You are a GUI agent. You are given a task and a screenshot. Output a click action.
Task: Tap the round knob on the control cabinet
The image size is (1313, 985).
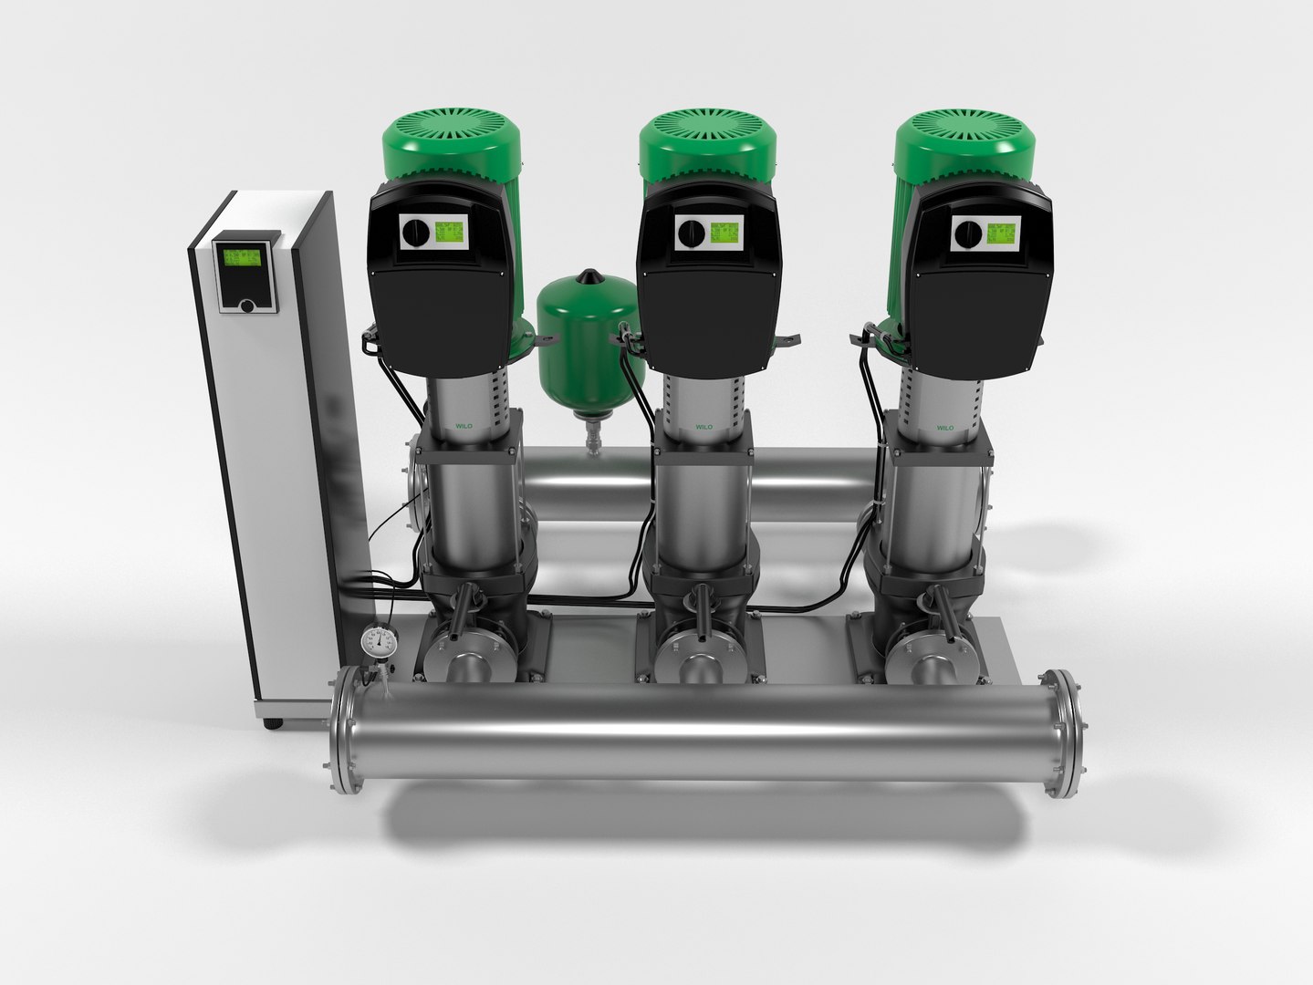(x=246, y=306)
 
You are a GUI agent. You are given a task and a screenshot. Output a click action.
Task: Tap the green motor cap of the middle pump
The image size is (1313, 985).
(x=708, y=146)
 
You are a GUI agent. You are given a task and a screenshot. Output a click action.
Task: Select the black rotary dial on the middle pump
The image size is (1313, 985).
(x=691, y=232)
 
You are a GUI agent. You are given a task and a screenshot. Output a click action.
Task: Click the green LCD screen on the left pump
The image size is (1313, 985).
(x=448, y=233)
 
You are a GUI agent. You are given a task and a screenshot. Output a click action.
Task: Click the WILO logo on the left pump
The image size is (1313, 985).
(x=466, y=424)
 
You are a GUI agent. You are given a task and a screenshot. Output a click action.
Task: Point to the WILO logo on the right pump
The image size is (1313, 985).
(x=943, y=426)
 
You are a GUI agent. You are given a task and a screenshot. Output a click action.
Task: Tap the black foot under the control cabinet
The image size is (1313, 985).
(x=273, y=724)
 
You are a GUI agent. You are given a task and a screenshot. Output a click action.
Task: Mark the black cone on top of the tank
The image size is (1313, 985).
(x=590, y=274)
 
